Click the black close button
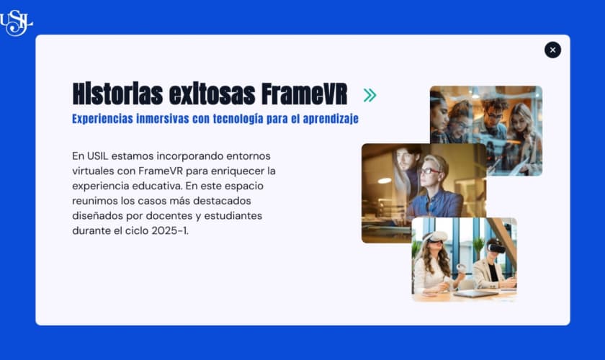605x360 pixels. (552, 50)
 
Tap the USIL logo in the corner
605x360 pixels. (16, 23)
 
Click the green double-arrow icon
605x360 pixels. (369, 95)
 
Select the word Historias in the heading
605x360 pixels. (117, 94)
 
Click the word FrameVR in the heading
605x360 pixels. (304, 94)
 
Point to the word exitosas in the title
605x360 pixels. (212, 94)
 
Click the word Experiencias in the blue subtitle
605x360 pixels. (102, 119)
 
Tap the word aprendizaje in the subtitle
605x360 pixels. (331, 119)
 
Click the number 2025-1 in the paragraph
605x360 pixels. (169, 230)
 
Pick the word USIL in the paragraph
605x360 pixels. (98, 156)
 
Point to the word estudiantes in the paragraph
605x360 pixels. (233, 216)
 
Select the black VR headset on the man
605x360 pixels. (496, 248)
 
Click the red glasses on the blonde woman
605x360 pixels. (430, 171)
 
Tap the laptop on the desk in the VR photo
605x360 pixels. (475, 294)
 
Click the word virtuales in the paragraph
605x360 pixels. (93, 171)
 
